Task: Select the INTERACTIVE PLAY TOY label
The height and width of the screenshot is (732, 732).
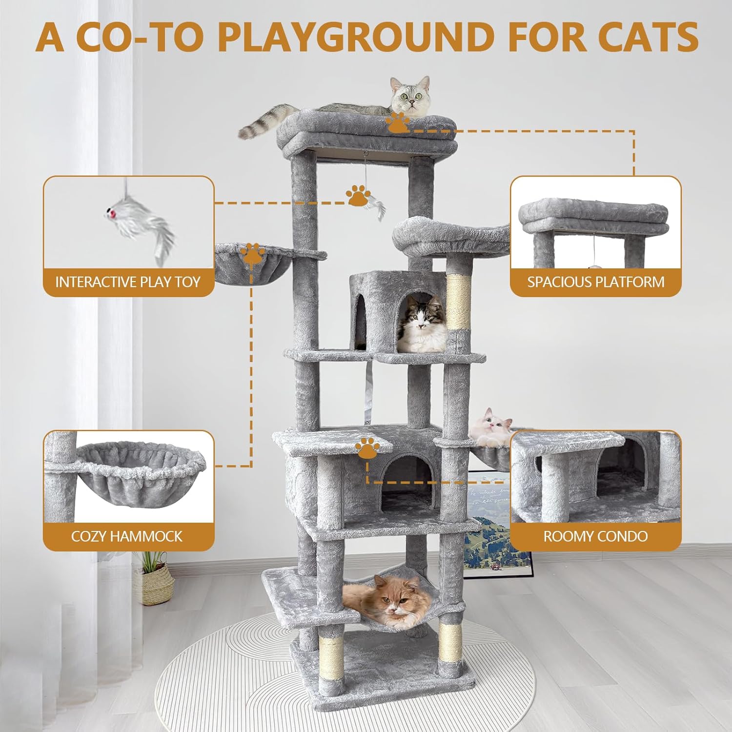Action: point(128,282)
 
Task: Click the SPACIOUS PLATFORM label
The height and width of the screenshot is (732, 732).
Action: point(596,282)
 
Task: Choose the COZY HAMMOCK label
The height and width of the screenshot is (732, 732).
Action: point(127,536)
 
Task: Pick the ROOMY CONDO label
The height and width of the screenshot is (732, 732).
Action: point(596,536)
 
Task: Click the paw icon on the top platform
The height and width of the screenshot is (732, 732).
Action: point(398,122)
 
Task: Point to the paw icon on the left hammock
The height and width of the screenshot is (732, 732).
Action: point(252,253)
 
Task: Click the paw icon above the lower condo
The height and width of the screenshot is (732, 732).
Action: point(368,448)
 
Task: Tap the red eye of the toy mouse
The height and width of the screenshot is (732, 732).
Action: point(112,214)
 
